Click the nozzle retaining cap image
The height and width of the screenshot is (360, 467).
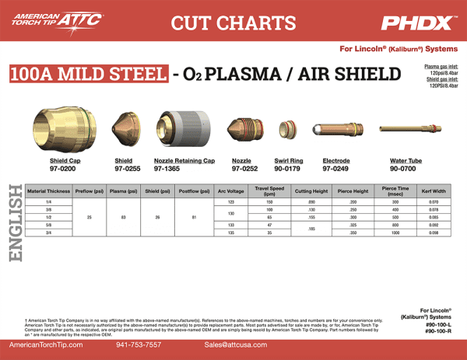pos(182,128)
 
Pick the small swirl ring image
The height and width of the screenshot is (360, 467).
pos(286,128)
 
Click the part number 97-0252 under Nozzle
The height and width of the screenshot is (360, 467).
pos(244,168)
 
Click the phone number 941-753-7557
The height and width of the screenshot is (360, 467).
pos(138,344)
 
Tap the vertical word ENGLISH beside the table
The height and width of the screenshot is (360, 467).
pos(14,222)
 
